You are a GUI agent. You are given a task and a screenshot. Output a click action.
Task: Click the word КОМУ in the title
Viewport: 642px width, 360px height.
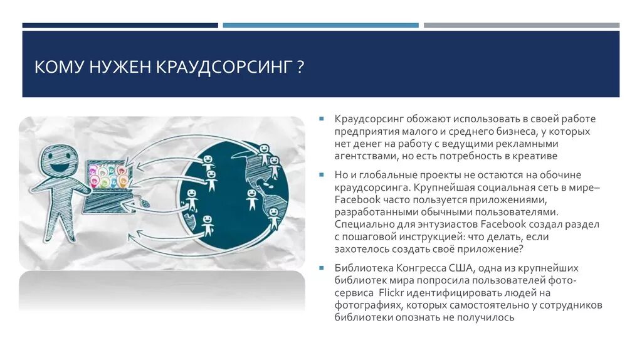[x=57, y=66]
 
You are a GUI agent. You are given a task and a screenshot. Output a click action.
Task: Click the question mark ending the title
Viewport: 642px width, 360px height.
[x=301, y=66]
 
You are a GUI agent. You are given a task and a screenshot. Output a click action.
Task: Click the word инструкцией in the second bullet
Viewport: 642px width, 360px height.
[x=426, y=236]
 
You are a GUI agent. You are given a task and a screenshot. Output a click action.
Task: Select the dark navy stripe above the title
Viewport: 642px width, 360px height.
[x=120, y=25]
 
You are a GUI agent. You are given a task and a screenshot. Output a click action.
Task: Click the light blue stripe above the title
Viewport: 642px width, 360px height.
[x=320, y=25]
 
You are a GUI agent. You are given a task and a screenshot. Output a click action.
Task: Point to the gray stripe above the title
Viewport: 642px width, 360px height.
[x=521, y=25]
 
